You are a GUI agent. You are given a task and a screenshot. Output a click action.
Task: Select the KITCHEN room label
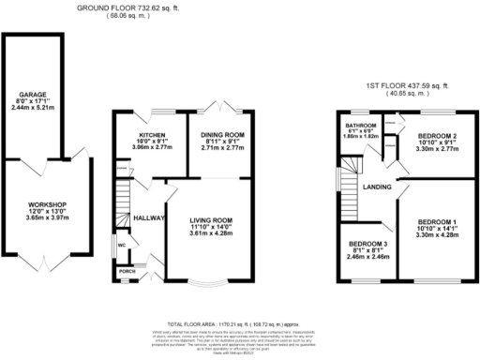click(x=152, y=133)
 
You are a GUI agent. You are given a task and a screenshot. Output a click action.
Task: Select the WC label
click(x=122, y=247)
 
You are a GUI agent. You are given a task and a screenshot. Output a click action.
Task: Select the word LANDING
click(x=377, y=186)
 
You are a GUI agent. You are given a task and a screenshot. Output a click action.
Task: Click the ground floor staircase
click(x=122, y=200)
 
